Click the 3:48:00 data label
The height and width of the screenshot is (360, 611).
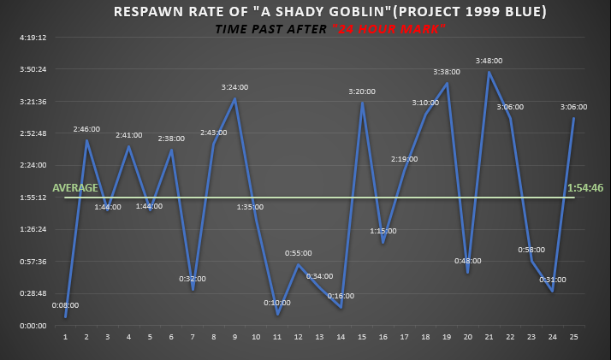pos(489,61)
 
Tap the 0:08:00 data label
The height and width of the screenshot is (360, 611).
pos(66,304)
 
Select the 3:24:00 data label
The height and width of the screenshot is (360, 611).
pos(234,87)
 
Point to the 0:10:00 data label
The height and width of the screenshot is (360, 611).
pos(276,302)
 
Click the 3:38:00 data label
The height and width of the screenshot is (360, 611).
pos(446,72)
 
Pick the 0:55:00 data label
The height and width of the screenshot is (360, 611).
pos(298,253)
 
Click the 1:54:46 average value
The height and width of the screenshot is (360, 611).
pos(585,187)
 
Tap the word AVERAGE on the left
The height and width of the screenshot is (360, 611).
pos(75,188)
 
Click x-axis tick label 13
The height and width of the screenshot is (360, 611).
pos(319,336)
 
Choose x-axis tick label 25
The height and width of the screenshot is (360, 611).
pos(572,336)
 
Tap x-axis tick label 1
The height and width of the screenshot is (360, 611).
pos(65,336)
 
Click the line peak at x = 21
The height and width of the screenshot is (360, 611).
pos(489,73)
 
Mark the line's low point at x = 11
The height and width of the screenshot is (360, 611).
pos(277,315)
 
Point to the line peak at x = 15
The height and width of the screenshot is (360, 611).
pos(362,103)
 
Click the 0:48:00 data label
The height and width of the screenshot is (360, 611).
pos(467,261)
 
